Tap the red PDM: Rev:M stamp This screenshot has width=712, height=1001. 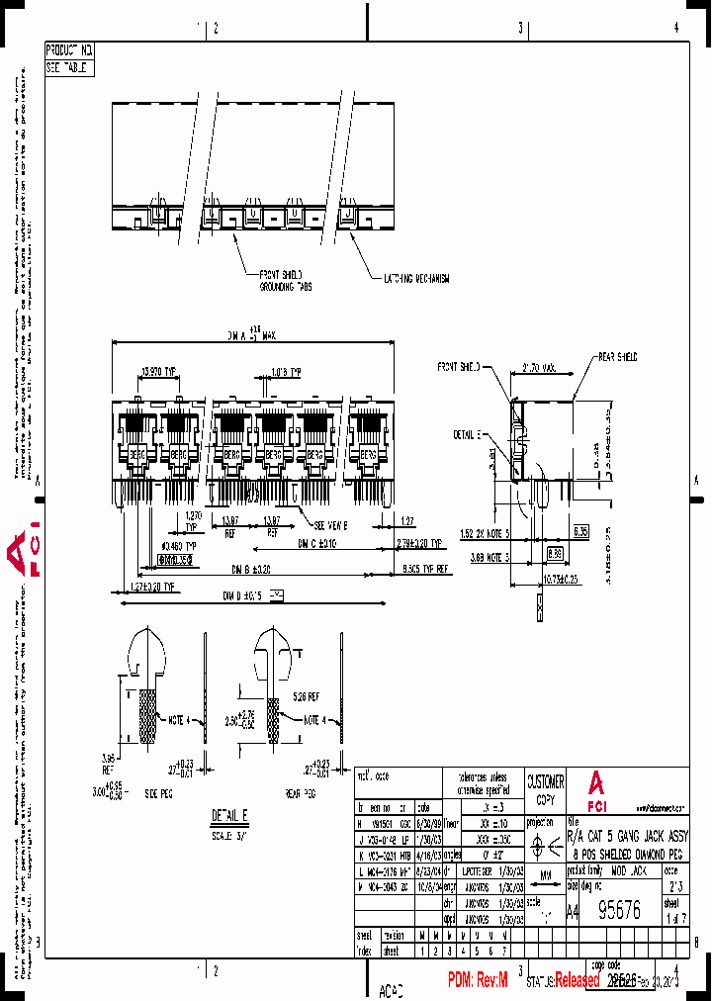click(477, 979)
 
